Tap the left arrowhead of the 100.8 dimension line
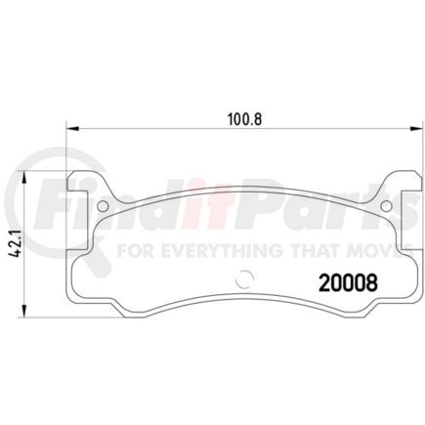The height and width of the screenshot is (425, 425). (70, 128)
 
